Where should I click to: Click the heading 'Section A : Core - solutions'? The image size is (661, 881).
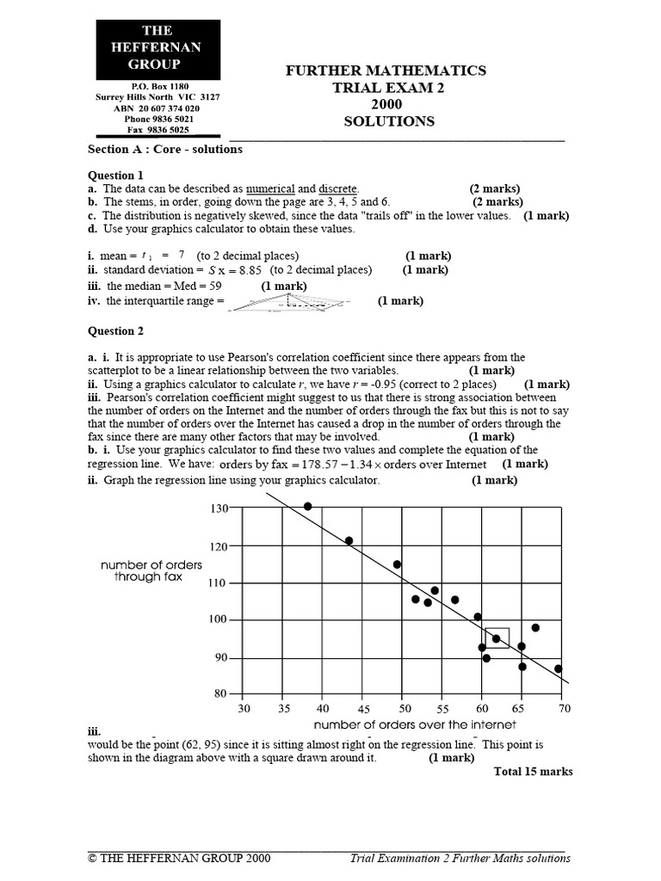point(165,149)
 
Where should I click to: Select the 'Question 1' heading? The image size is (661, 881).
point(116,175)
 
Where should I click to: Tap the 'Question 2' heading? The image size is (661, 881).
point(116,330)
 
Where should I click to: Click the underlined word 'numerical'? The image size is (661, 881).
point(270,188)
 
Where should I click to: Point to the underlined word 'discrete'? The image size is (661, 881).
point(338,188)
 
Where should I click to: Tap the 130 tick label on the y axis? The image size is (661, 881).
point(219,508)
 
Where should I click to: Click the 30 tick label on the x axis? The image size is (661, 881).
point(244,709)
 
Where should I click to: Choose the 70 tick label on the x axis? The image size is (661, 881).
point(565,709)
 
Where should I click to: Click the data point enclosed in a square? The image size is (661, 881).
point(496,638)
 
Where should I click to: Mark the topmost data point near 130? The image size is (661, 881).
point(308,506)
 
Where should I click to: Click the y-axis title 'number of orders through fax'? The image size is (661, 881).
point(151,571)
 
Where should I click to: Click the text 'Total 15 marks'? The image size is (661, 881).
point(533,772)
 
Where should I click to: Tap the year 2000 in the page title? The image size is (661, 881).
point(389,105)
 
